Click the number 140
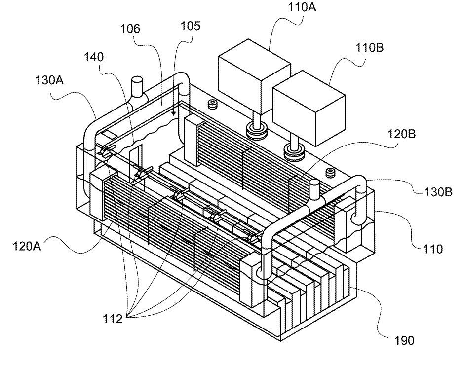93,57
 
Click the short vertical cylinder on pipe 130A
136,88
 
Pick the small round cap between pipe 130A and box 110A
214,104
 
